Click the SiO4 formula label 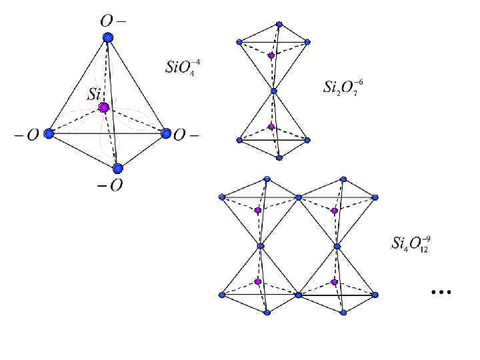click(182, 67)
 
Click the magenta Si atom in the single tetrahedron click(103, 107)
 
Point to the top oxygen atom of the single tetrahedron click(108, 39)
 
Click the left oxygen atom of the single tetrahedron click(49, 133)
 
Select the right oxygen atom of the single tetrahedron click(166, 133)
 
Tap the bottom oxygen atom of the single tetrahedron click(118, 168)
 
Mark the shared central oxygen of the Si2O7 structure click(273, 91)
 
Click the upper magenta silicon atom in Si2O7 click(271, 55)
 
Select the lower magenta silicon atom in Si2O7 click(271, 127)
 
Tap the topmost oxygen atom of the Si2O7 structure click(279, 24)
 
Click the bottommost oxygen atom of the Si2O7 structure click(279, 158)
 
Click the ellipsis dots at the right click(441, 292)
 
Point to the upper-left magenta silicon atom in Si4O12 click(258, 210)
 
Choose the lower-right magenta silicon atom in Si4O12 click(334, 282)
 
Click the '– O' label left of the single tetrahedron click(27, 135)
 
